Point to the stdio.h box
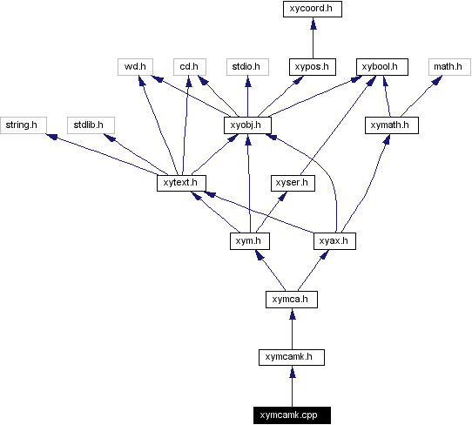247,66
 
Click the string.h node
21,125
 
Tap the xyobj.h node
248,125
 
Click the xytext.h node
180,183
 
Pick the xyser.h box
291,183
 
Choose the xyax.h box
334,240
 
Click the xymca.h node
291,300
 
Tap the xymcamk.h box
292,356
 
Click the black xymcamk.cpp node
292,415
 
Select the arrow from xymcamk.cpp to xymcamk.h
292,386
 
